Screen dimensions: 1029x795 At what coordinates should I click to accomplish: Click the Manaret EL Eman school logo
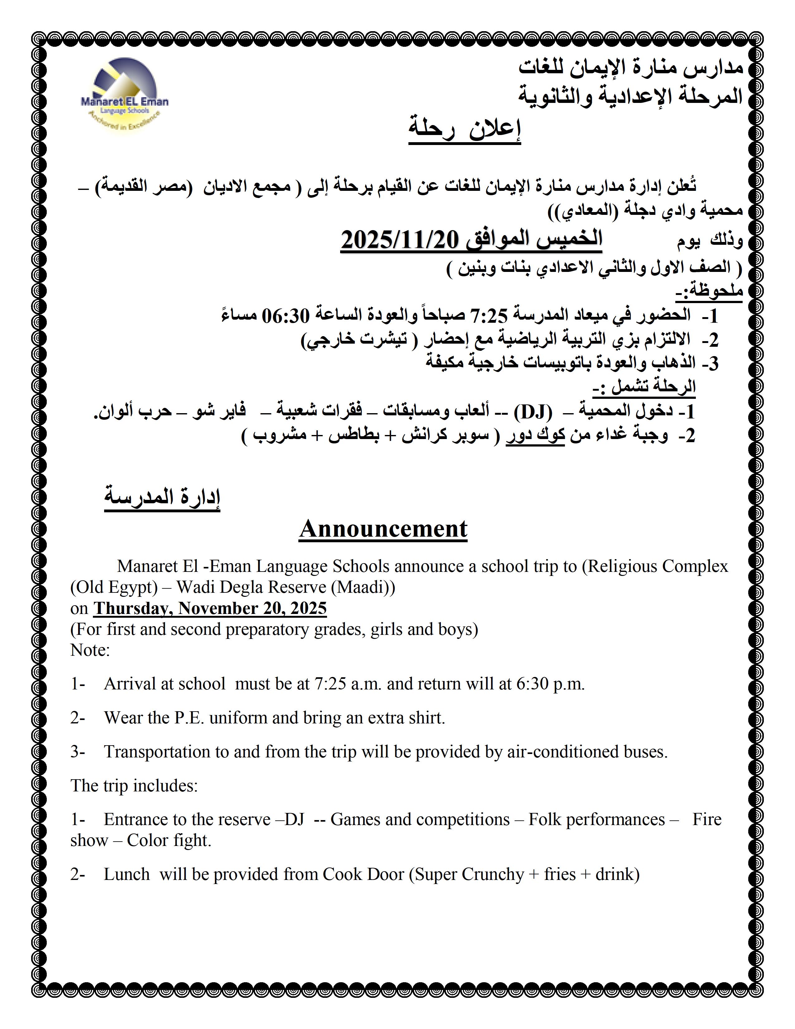pyautogui.click(x=124, y=94)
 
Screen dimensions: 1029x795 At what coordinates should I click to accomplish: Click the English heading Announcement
pyautogui.click(x=383, y=529)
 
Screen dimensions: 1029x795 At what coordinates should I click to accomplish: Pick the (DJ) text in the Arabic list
pyautogui.click(x=533, y=412)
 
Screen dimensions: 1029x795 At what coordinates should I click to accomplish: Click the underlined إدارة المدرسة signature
pyautogui.click(x=162, y=498)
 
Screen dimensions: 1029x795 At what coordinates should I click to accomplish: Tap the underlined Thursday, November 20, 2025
pyautogui.click(x=210, y=608)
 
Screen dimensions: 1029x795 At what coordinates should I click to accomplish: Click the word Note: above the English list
pyautogui.click(x=90, y=650)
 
